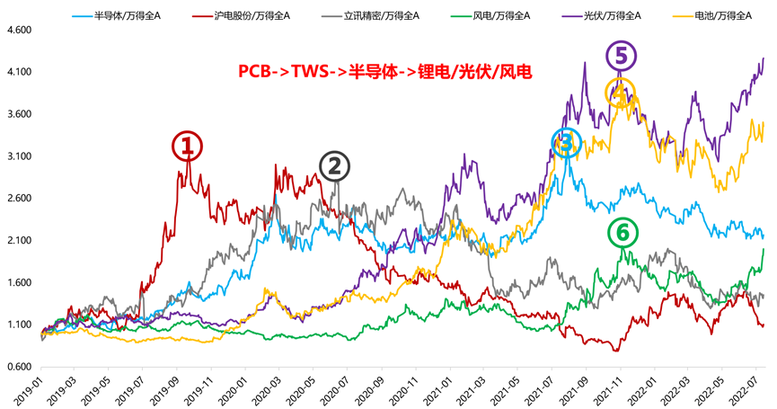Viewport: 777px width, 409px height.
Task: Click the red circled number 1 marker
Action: pos(187,146)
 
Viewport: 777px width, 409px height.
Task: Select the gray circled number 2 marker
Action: pos(333,165)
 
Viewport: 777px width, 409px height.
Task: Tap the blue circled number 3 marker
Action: pos(566,142)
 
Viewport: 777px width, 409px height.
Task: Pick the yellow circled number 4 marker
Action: pos(619,92)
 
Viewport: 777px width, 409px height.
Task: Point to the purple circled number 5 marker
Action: pos(620,57)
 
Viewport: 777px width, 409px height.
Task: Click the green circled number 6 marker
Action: pos(622,233)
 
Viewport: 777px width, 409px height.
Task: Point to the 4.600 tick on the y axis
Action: pos(18,30)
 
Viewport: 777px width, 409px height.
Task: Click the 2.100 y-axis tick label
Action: pos(18,241)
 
